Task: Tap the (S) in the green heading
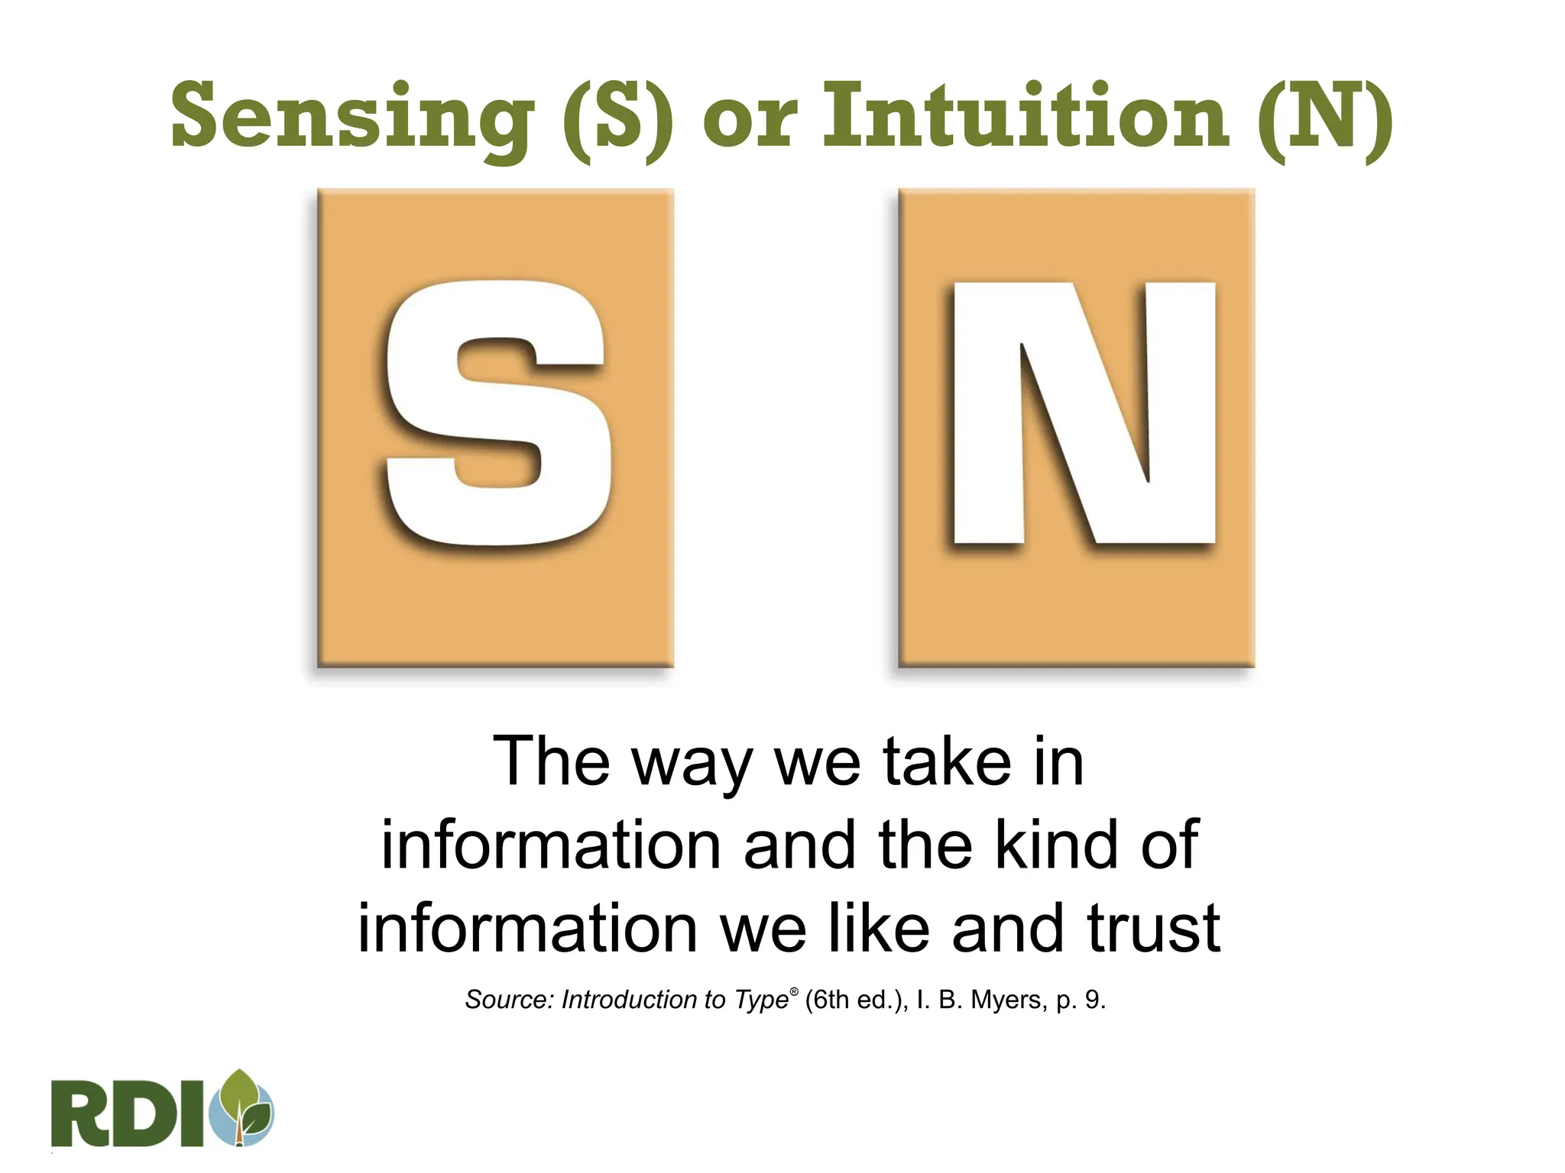(618, 118)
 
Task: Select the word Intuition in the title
(1025, 116)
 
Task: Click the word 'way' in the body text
(692, 764)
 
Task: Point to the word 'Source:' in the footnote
(509, 1000)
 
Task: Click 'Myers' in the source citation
(1006, 1000)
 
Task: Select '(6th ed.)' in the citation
(856, 1000)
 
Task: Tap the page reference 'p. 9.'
(1081, 1000)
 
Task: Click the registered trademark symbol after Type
(794, 991)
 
